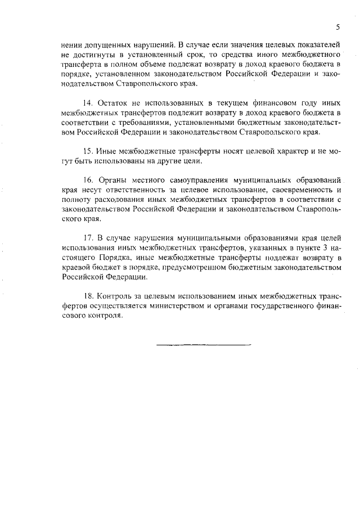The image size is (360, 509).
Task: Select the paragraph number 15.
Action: point(88,152)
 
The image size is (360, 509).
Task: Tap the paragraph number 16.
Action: point(88,181)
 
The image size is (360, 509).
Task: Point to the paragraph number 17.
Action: point(88,240)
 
